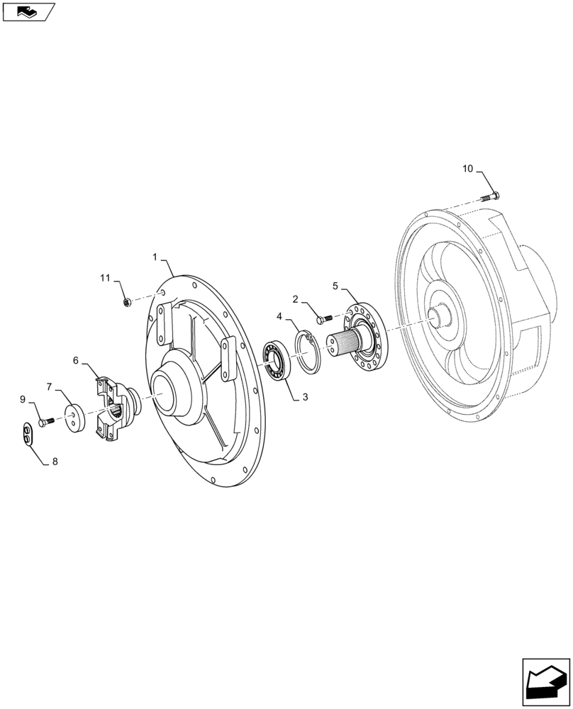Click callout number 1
click(155, 257)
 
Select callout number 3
click(305, 398)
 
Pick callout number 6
click(75, 360)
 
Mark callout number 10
click(467, 169)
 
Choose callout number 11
click(104, 279)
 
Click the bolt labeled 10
click(491, 196)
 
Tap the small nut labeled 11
click(127, 303)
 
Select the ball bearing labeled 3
click(275, 360)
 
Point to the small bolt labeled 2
click(323, 319)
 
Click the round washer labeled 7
click(74, 418)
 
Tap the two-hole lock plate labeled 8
click(27, 435)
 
